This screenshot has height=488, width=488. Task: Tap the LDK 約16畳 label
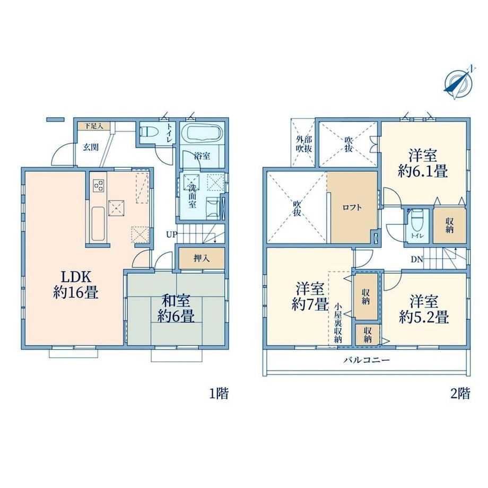pos(76,284)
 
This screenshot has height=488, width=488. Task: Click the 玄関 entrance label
pos(91,147)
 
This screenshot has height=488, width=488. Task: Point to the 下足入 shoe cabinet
pos(94,126)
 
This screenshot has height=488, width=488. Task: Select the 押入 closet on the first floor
pos(202,258)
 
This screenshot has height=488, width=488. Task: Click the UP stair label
pos(171,234)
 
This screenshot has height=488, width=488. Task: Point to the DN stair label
pos(417,259)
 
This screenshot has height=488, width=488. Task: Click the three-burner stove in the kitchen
pos(99,186)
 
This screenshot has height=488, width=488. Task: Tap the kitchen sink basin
pos(98,223)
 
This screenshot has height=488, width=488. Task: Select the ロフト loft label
pos(352,207)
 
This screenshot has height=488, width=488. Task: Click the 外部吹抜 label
pos(303,144)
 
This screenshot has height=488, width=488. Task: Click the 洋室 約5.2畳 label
pos(424,310)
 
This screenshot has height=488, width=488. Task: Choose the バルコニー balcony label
pos(367,360)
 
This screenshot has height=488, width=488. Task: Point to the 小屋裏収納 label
pos(338,323)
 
